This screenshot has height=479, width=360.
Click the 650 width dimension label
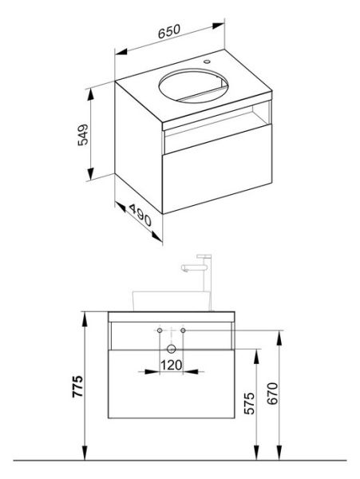(169, 31)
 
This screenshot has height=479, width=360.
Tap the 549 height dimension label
(83, 135)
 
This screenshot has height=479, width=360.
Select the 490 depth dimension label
(140, 215)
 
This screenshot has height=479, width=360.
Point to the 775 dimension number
(77, 386)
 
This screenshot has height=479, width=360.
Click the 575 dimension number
(250, 403)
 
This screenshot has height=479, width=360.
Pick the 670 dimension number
(272, 394)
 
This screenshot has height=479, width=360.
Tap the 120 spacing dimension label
(172, 365)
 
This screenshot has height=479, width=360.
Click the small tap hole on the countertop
(208, 61)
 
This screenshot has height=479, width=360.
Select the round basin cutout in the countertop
(193, 85)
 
